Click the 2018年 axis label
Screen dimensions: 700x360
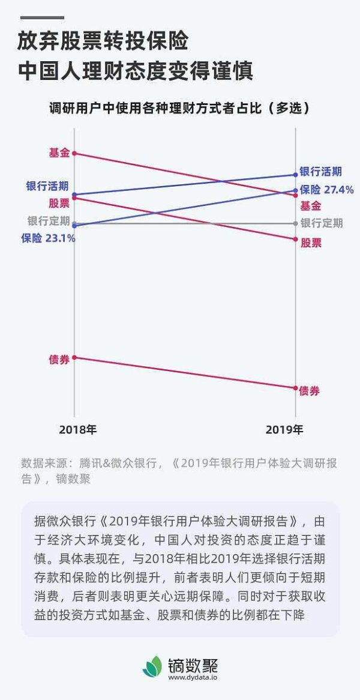click(77, 430)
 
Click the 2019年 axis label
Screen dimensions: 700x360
click(284, 430)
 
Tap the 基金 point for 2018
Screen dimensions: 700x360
click(74, 153)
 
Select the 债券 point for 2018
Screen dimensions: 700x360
click(74, 358)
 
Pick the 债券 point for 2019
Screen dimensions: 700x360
click(295, 388)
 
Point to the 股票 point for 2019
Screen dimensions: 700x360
click(295, 240)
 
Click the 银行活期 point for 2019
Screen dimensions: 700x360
click(295, 175)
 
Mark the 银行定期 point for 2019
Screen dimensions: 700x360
click(295, 223)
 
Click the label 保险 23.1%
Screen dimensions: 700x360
click(48, 238)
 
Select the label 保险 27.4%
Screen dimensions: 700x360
click(326, 190)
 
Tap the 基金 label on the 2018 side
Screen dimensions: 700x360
click(59, 152)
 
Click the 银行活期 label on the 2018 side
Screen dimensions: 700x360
click(47, 186)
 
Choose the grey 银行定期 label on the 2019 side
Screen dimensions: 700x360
click(322, 223)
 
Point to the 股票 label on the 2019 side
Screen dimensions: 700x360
click(311, 243)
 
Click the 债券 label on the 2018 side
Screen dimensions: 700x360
click(59, 360)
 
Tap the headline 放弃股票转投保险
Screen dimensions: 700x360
click(103, 42)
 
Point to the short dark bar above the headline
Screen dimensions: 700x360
click(41, 17)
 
